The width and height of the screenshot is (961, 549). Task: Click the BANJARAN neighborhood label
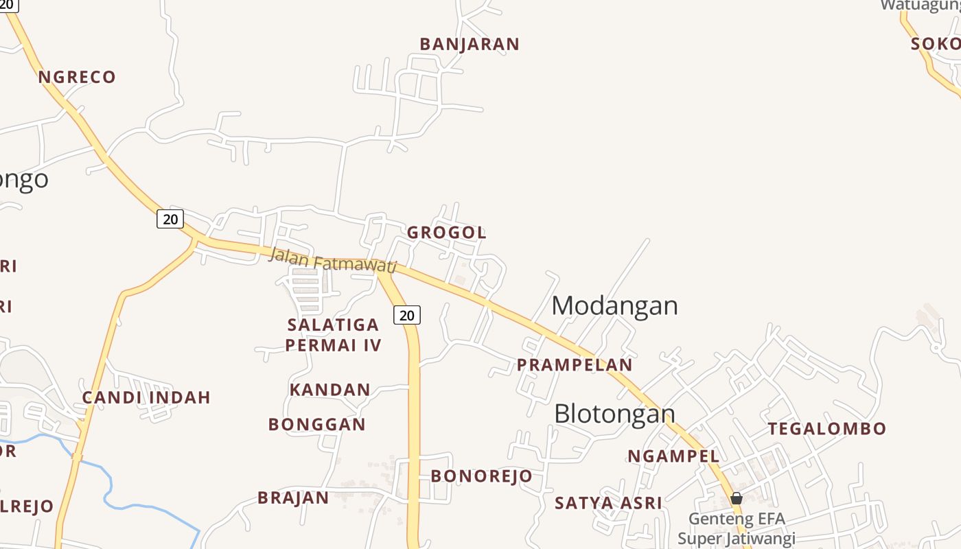pyautogui.click(x=470, y=45)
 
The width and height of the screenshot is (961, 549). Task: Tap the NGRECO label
pyautogui.click(x=77, y=77)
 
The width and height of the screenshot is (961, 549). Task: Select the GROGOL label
pyautogui.click(x=447, y=233)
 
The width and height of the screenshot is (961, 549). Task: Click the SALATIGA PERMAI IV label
pyautogui.click(x=333, y=334)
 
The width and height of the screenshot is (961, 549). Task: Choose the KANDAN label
pyautogui.click(x=329, y=390)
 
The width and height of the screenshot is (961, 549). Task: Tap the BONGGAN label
pyautogui.click(x=317, y=425)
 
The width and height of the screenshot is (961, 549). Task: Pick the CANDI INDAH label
pyautogui.click(x=146, y=397)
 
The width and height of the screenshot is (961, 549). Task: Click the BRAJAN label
pyautogui.click(x=293, y=498)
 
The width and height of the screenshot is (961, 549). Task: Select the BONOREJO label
pyautogui.click(x=481, y=476)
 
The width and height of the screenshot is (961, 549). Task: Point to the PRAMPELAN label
pyautogui.click(x=575, y=365)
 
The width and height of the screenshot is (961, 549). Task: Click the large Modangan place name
pyautogui.click(x=614, y=305)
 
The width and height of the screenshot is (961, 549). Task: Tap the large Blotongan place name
pyautogui.click(x=614, y=414)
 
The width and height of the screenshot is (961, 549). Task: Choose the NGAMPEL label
pyautogui.click(x=673, y=456)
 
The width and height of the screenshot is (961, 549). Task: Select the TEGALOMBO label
pyautogui.click(x=826, y=429)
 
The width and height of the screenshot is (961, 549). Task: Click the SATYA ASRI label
pyautogui.click(x=608, y=503)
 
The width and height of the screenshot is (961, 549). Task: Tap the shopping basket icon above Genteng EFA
pyautogui.click(x=737, y=498)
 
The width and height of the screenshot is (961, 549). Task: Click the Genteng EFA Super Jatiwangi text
pyautogui.click(x=737, y=528)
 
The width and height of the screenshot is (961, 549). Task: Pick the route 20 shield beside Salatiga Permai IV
pyautogui.click(x=407, y=315)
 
